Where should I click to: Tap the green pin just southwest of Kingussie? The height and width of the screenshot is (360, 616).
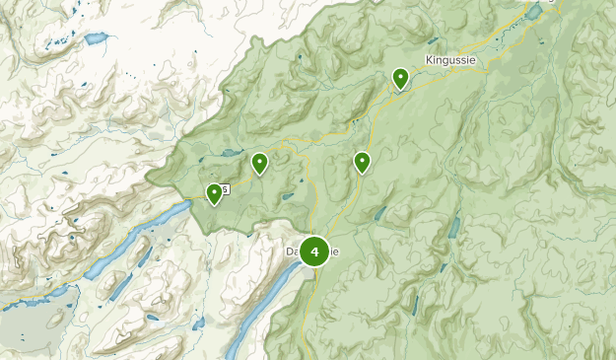click(x=401, y=78)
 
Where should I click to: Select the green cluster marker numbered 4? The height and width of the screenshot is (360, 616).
click(x=314, y=252)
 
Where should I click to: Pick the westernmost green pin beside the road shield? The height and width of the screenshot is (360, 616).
click(x=214, y=193)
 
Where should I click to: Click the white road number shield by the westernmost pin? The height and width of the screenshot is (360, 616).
click(x=226, y=189)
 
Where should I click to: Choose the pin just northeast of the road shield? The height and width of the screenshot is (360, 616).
click(x=259, y=163)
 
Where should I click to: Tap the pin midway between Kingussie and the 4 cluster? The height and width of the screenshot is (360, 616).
click(x=362, y=162)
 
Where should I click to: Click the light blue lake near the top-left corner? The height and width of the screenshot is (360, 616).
click(x=95, y=39)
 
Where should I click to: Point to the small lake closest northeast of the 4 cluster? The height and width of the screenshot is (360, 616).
click(x=379, y=213)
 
